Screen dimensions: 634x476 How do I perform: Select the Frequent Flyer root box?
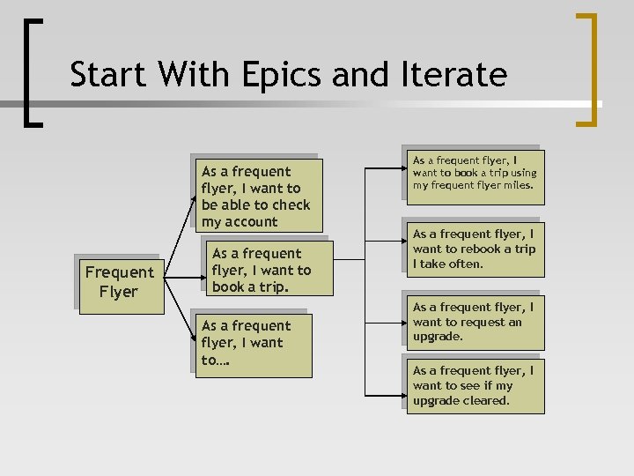(x=119, y=283)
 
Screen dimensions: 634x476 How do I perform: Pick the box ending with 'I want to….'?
(x=253, y=345)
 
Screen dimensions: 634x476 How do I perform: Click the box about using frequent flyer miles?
(x=473, y=174)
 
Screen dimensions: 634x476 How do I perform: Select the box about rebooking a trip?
(x=475, y=249)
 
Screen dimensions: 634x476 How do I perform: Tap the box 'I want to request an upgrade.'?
(x=475, y=322)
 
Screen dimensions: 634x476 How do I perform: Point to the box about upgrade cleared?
(x=475, y=386)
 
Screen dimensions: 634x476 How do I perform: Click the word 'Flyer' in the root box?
(x=119, y=292)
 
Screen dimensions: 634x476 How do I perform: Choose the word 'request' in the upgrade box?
(x=473, y=322)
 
